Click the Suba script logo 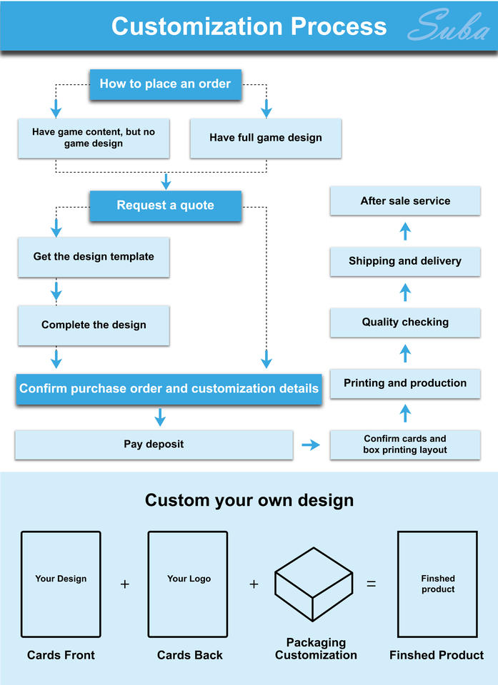pos(449,26)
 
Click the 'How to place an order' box pos(166,84)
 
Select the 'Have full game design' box pos(266,138)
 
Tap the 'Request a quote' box pos(166,205)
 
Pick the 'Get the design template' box pos(94,257)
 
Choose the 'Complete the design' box pos(94,325)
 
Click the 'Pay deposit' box pos(154,445)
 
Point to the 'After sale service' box pos(405,201)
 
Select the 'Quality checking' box pos(405,323)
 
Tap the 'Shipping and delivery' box pos(405,261)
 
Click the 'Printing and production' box pos(405,384)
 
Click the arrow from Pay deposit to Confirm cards pos(311,445)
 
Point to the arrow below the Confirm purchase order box pos(160,417)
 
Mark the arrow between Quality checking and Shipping pos(405,293)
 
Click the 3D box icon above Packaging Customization pos(314,584)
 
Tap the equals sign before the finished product pos(371,584)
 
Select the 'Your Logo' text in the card pos(189,579)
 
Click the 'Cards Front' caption pos(61,655)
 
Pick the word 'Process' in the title pos(339,26)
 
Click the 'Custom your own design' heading pos(249,500)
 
